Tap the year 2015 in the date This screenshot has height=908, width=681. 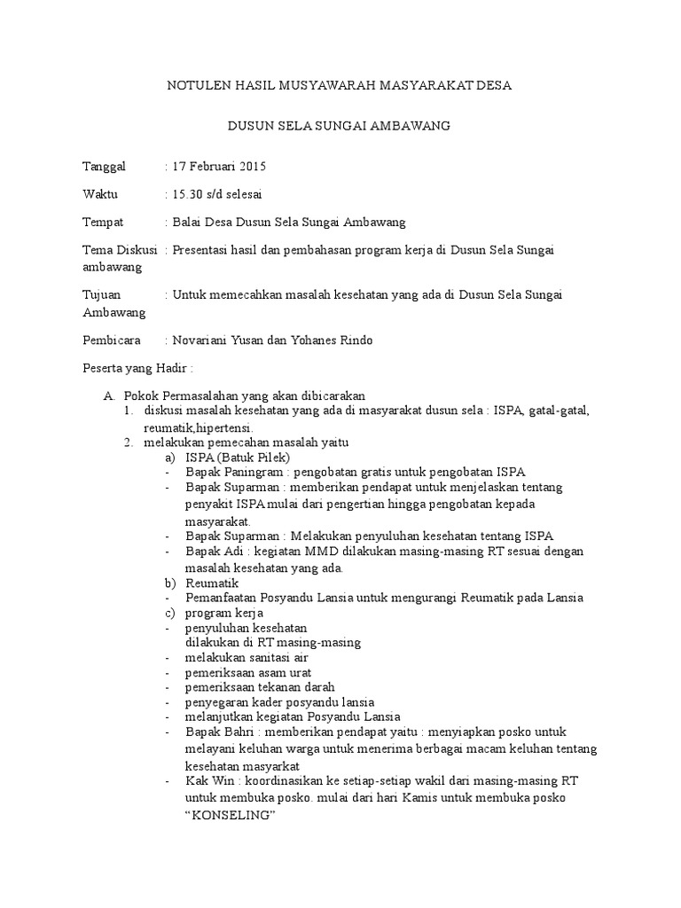[x=252, y=166]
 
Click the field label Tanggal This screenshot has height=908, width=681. [x=105, y=166]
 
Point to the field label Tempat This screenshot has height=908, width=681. [x=103, y=222]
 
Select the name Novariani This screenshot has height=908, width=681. [x=204, y=340]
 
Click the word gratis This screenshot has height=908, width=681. [x=380, y=472]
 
